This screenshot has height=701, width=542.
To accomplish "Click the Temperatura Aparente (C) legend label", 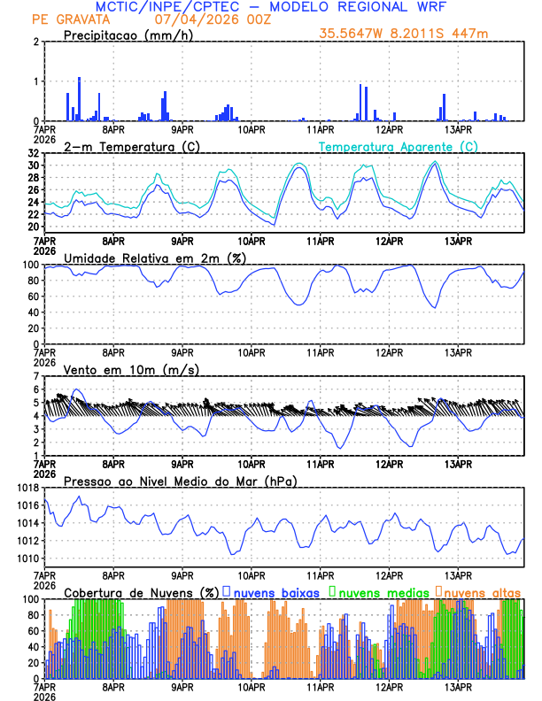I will pyautogui.click(x=398, y=146).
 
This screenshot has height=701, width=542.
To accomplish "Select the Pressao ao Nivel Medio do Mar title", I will pyautogui.click(x=180, y=481).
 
